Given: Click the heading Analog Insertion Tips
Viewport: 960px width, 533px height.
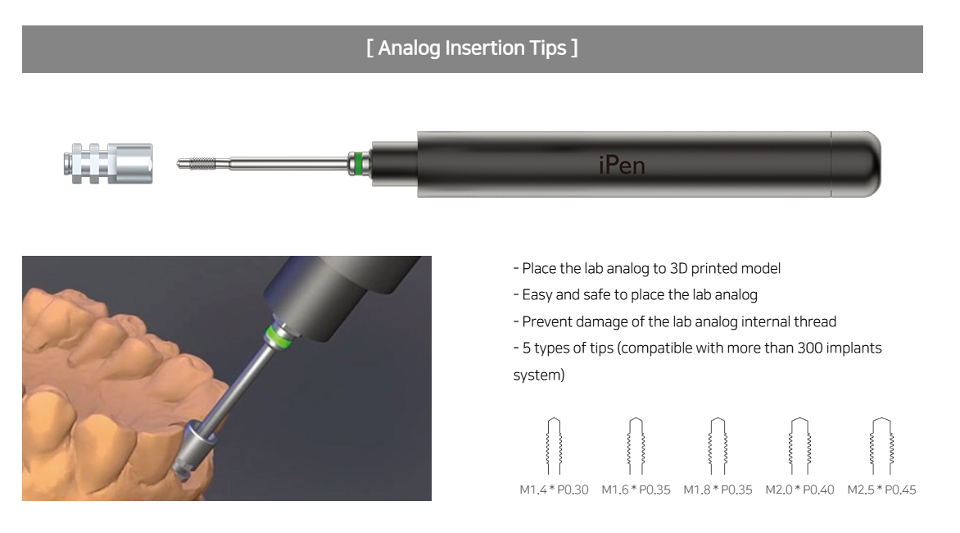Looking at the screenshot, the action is point(472,48).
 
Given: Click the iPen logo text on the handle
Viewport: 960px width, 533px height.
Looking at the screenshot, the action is point(622,165).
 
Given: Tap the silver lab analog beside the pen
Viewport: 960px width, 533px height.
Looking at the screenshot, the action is point(108,163).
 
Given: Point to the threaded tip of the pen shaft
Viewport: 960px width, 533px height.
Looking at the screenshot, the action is point(197,163).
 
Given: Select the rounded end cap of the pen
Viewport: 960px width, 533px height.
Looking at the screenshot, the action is point(856,164).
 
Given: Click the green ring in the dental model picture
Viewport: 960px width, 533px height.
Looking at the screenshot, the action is point(276,338).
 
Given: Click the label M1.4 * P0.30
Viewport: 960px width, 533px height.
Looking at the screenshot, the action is point(554,490).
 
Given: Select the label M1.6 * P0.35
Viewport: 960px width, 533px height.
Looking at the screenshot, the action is point(636,490).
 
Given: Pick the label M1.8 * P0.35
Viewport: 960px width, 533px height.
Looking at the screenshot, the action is point(718,490).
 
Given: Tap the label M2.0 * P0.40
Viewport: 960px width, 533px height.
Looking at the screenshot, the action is point(799,490).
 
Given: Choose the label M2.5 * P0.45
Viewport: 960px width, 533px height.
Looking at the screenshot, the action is point(881,490).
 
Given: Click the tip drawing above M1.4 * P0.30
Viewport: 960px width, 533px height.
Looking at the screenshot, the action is point(554,446).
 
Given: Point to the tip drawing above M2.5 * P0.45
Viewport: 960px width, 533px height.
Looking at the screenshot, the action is point(881,446).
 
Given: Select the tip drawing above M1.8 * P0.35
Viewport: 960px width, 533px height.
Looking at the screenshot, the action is point(718,446).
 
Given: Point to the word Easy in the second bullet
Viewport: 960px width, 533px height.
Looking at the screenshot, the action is point(537,295).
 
